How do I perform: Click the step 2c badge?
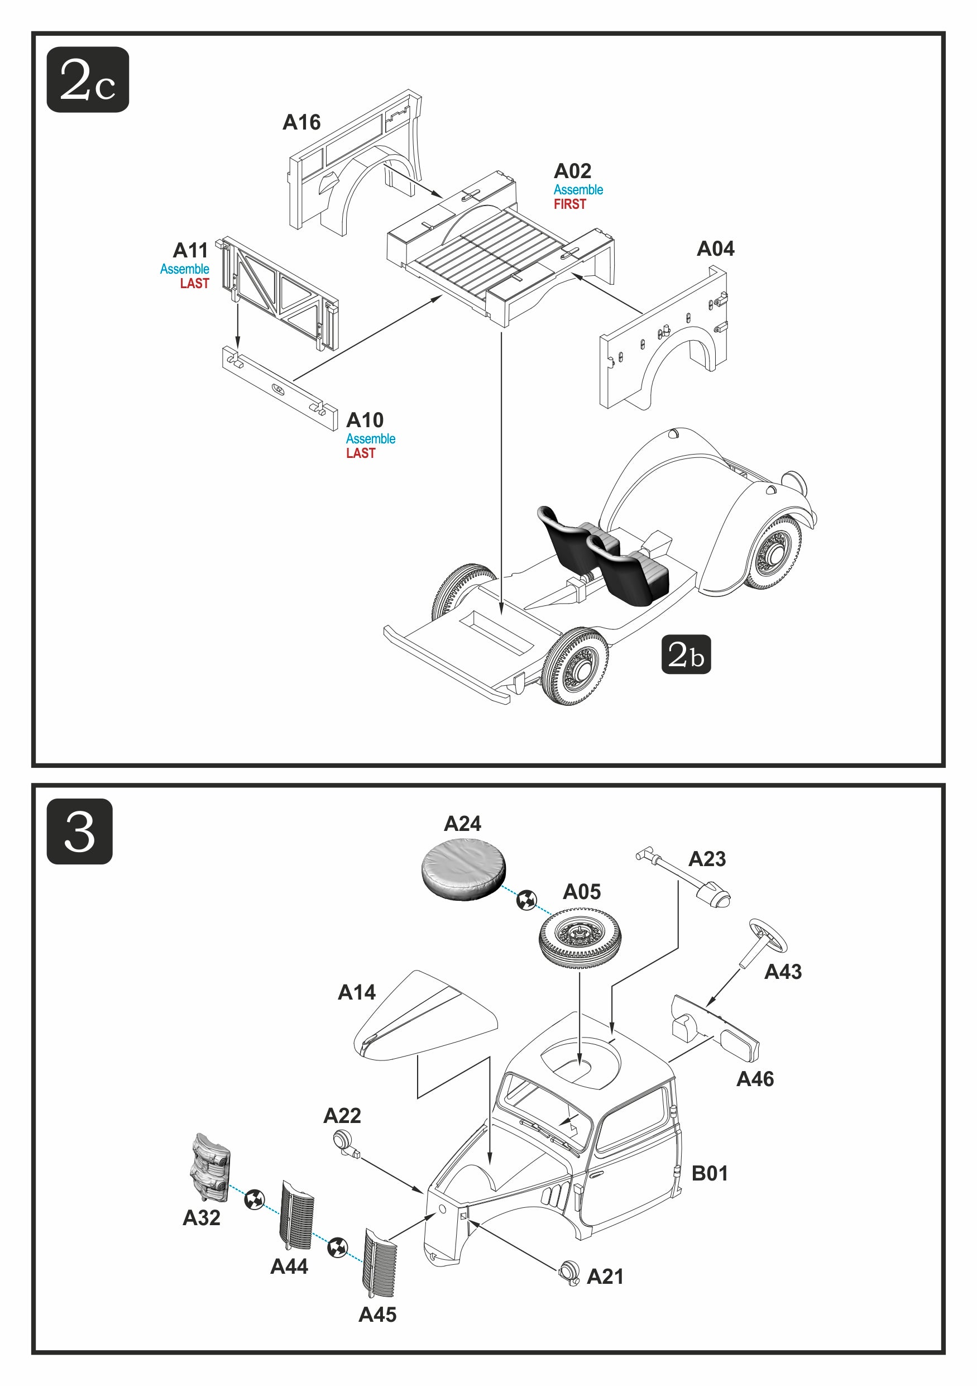pos(88,80)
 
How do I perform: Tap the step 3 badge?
pos(80,831)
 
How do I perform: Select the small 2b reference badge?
pos(686,654)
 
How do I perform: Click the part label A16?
pos(301,122)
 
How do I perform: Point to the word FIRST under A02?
pos(569,204)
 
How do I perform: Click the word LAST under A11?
pos(194,283)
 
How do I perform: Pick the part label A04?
pos(715,248)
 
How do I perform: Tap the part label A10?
pos(365,420)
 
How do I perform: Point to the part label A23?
pos(707,859)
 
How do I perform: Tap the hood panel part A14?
pos(425,1016)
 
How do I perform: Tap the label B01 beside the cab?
pos(710,1173)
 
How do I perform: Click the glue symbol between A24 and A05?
pos(527,900)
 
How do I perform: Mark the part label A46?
pos(754,1079)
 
